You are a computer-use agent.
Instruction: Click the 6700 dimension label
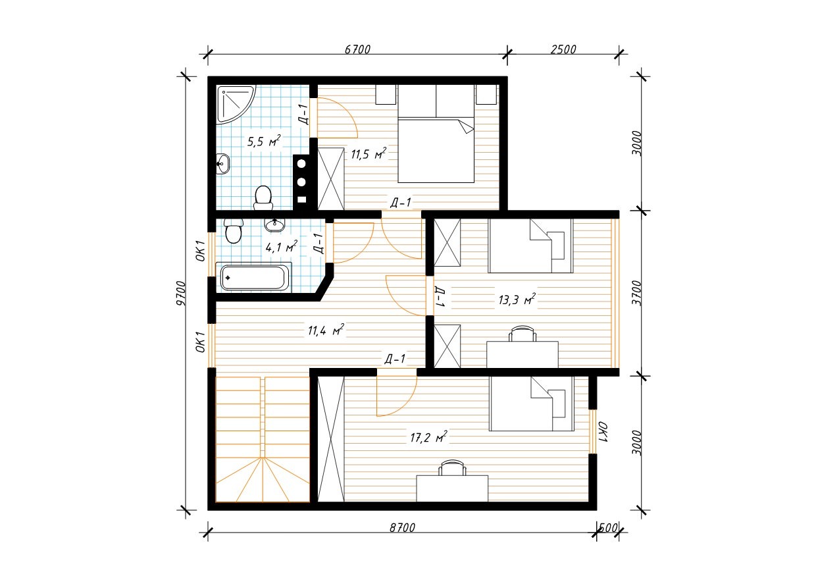(x=357, y=49)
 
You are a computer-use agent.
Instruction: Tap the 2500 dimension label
(x=563, y=49)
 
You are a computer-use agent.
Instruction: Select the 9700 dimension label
(x=181, y=294)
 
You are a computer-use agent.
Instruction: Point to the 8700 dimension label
(x=402, y=527)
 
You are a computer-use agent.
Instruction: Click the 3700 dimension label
(x=636, y=293)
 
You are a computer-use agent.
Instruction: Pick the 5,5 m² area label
(x=264, y=141)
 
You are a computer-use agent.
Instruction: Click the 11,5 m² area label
(x=369, y=153)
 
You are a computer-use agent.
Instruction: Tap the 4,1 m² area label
(x=281, y=247)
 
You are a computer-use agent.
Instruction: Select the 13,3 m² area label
(x=517, y=299)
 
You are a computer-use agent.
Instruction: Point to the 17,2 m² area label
(x=428, y=436)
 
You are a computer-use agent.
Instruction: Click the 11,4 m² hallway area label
(x=326, y=330)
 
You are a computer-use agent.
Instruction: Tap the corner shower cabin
(x=235, y=103)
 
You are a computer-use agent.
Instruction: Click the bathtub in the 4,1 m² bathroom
(x=254, y=278)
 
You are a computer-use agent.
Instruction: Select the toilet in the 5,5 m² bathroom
(x=263, y=198)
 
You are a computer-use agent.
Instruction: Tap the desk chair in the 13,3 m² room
(x=523, y=334)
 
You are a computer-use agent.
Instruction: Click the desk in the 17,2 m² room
(x=452, y=488)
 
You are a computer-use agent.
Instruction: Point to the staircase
(x=263, y=439)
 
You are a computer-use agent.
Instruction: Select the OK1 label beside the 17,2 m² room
(x=603, y=432)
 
